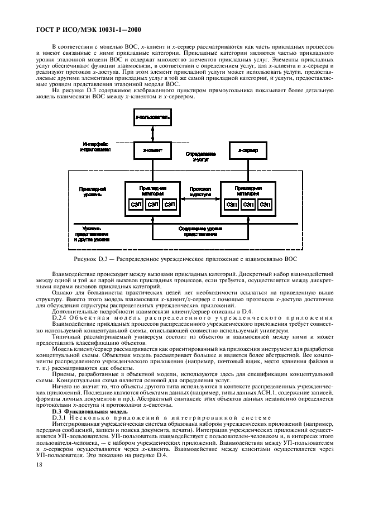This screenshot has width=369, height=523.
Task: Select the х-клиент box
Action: tap(152, 150)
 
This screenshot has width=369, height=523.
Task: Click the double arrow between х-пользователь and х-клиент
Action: tap(152, 135)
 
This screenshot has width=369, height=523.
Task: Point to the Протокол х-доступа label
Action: tap(200, 192)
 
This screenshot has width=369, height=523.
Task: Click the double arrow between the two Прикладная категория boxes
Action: tap(200, 200)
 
